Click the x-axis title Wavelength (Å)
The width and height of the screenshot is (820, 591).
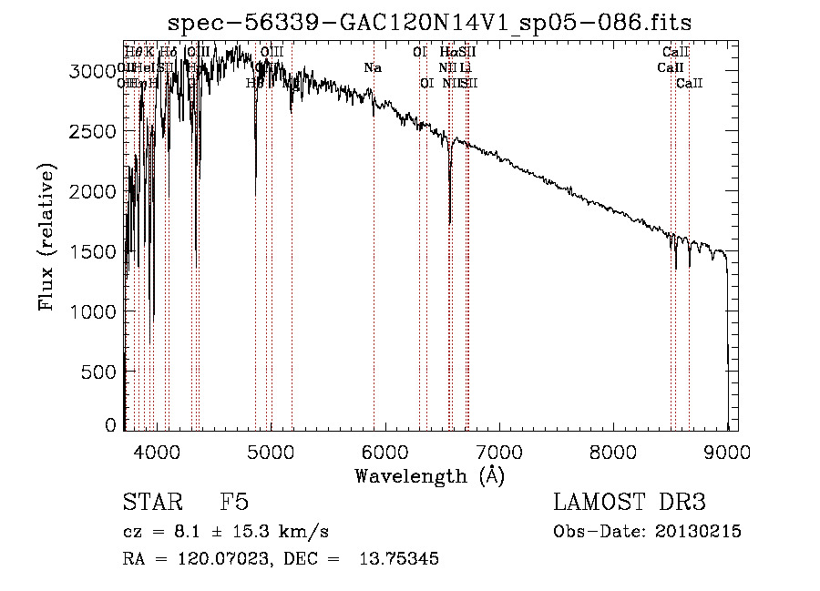click(x=430, y=475)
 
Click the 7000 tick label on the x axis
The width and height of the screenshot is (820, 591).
click(x=499, y=451)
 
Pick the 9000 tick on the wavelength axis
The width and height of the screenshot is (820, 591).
click(x=728, y=451)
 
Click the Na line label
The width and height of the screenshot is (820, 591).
click(x=372, y=67)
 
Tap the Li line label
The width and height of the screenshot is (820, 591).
click(x=466, y=67)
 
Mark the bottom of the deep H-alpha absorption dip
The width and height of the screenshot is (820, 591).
click(x=450, y=222)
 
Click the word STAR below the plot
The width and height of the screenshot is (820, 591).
click(x=149, y=503)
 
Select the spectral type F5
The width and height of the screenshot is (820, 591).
click(x=233, y=503)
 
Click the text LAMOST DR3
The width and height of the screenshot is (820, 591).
click(x=629, y=503)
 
